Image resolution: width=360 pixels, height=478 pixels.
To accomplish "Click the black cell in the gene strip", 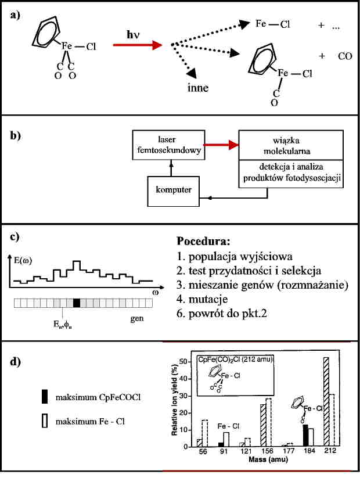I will pyautogui.click(x=77, y=303).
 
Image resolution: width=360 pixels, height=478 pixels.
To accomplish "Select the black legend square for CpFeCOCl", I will pyautogui.click(x=45, y=398).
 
